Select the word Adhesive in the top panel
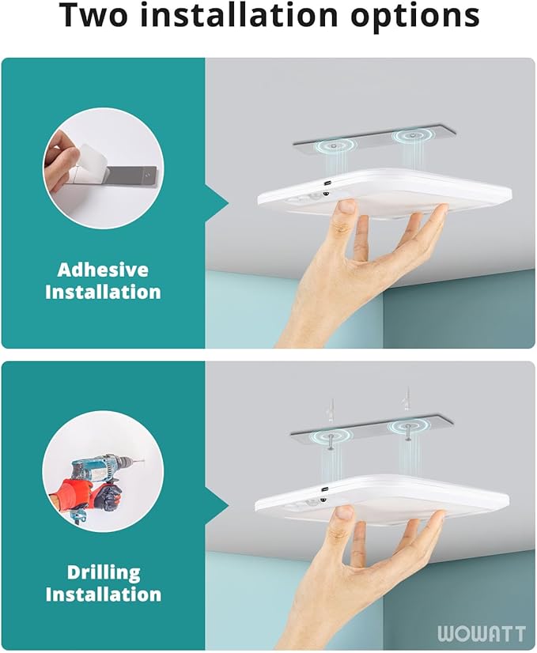coord(103,270)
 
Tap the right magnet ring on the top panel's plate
coord(411,135)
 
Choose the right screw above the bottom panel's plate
coord(406,399)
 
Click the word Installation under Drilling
coord(103,594)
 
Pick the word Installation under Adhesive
coord(103,292)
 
